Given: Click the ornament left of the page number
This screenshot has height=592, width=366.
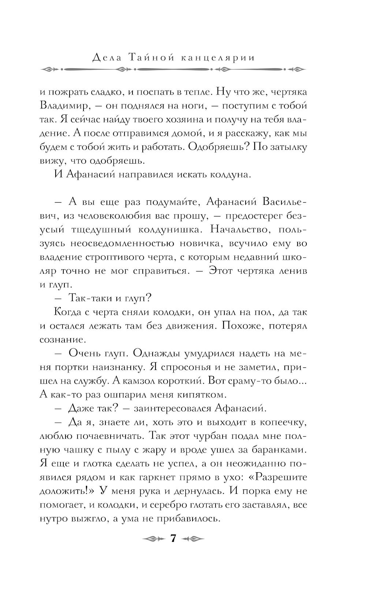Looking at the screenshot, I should point(151,539).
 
